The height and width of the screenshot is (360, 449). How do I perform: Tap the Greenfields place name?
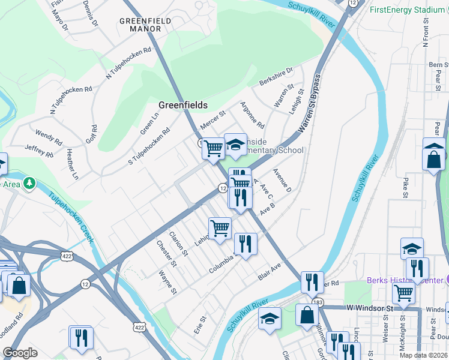[x=182, y=105]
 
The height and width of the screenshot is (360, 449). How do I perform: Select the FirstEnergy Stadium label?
[x=407, y=10]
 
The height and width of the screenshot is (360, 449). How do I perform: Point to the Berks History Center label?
[x=402, y=281]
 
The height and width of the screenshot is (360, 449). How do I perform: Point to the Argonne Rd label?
[x=253, y=115]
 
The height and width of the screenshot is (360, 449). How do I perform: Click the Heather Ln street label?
[x=72, y=164]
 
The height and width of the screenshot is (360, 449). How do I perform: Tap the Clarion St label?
[x=178, y=244]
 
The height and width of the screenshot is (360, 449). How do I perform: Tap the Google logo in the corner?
[x=20, y=353]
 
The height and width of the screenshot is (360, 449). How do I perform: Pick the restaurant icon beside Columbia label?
[x=246, y=244]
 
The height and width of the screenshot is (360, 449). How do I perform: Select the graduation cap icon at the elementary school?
[x=235, y=144]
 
